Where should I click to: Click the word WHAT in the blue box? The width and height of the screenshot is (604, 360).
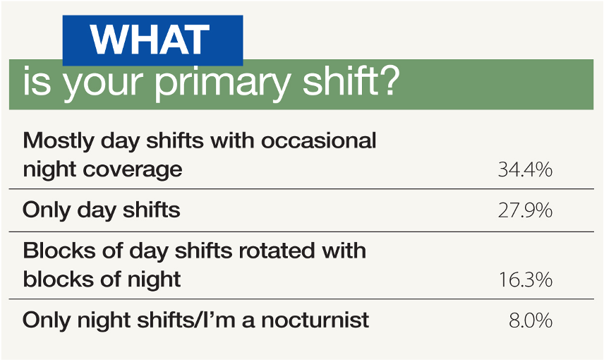[150, 40]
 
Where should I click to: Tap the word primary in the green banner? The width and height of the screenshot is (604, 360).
[222, 83]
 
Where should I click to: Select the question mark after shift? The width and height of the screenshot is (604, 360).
[387, 79]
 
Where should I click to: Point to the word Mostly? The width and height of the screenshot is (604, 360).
[58, 141]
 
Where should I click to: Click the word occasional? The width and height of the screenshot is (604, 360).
[318, 140]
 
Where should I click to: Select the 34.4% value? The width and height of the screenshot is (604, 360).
[525, 169]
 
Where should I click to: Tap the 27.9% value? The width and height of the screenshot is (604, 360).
[525, 210]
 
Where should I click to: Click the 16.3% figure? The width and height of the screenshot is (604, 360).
[526, 280]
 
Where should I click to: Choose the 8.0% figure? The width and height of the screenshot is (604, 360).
[531, 320]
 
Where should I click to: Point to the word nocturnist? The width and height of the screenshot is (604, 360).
[315, 320]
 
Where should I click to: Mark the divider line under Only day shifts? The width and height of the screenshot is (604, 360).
[301, 232]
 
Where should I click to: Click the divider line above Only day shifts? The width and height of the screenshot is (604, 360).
[301, 189]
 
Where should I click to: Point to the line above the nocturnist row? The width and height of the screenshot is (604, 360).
[301, 299]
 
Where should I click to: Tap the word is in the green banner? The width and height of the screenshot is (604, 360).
[37, 81]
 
